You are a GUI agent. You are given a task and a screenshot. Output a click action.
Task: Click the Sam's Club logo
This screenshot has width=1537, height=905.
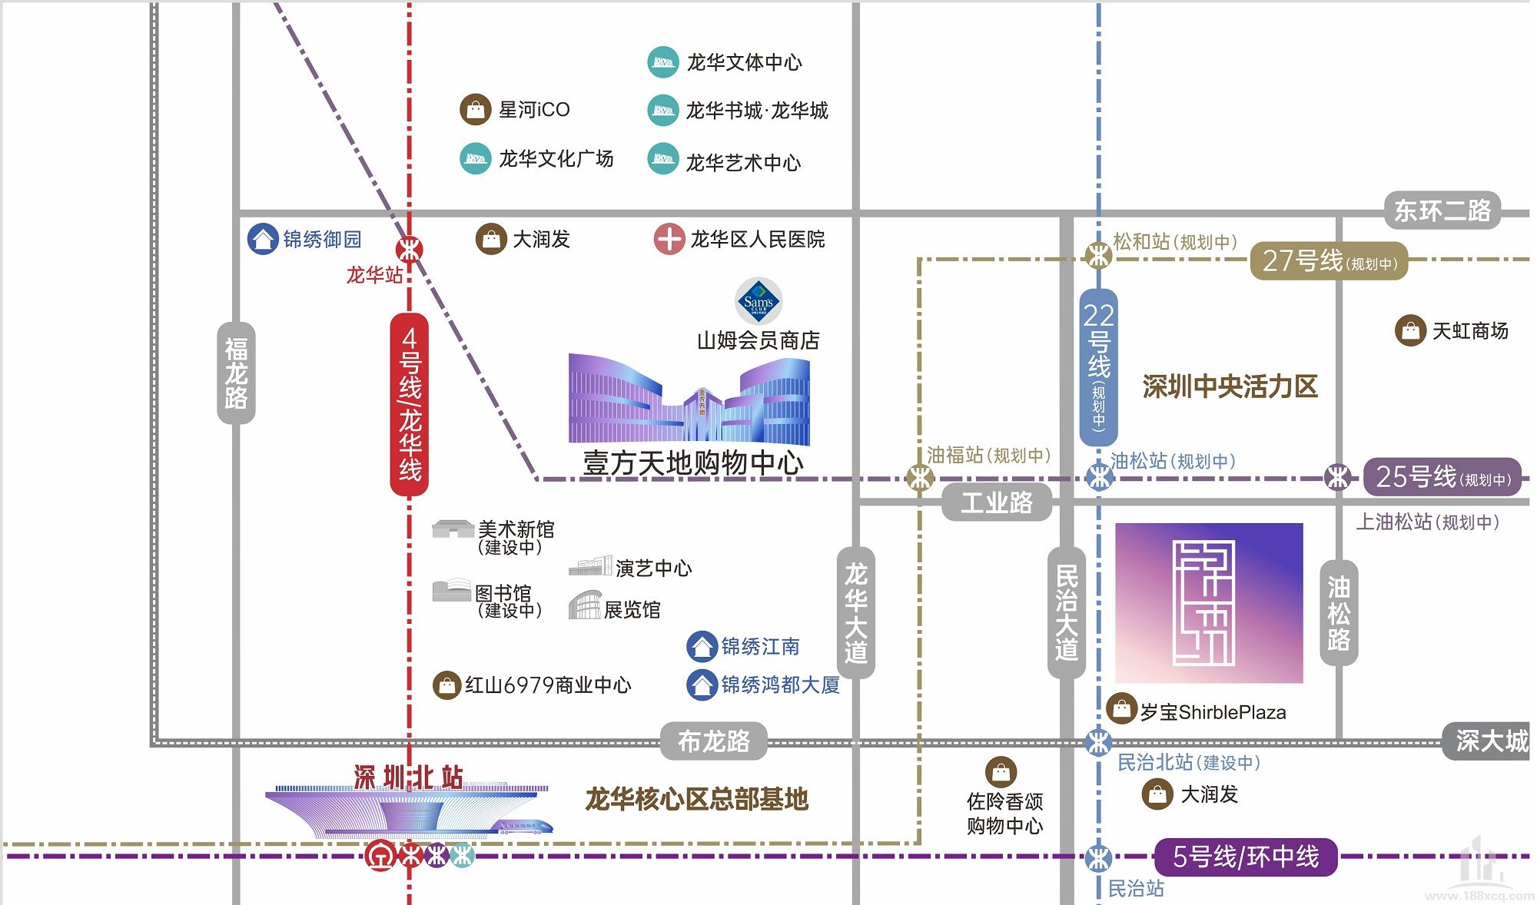[x=759, y=301]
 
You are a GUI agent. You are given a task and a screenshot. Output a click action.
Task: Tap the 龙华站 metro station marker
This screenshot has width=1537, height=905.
[x=409, y=250]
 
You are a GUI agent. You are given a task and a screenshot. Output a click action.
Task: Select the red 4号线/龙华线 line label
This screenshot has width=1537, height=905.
[x=410, y=404]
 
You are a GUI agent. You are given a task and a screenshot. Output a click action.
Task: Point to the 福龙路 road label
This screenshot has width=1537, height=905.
[x=236, y=373]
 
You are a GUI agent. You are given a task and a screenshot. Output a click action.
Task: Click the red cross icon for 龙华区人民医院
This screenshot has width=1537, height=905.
[x=669, y=239]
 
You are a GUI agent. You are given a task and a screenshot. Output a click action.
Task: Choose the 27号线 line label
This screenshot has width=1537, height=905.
[x=1329, y=260]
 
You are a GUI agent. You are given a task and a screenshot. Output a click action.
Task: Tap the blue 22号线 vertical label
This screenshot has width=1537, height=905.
[x=1098, y=367]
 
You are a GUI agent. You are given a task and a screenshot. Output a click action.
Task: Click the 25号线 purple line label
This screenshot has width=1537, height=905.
[x=1442, y=477]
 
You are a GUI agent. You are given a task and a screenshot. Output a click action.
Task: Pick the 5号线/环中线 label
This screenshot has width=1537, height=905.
[x=1246, y=857]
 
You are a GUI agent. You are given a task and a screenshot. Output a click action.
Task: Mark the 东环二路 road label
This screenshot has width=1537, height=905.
[x=1442, y=211]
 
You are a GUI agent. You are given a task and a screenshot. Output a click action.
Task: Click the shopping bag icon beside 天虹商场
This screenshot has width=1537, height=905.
[x=1410, y=331]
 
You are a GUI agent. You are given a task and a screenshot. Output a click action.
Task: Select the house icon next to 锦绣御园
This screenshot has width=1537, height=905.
[x=262, y=239]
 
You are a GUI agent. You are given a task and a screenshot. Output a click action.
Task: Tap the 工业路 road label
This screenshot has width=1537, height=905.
[x=997, y=503]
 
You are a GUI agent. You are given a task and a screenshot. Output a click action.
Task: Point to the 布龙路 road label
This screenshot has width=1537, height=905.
[x=713, y=741]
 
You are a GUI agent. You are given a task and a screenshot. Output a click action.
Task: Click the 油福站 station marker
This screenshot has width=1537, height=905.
[x=920, y=478]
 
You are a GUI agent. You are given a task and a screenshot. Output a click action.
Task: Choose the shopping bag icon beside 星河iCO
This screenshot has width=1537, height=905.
[x=475, y=110]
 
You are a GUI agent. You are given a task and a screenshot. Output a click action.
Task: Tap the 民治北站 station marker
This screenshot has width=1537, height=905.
[x=1098, y=742]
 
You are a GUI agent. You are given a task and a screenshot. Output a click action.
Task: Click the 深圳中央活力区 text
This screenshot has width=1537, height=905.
[x=1230, y=386]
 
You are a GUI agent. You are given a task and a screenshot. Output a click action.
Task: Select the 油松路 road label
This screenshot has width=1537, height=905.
[x=1338, y=613]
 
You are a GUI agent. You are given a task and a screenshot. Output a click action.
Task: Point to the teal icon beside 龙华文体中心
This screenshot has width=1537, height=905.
[x=662, y=62]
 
